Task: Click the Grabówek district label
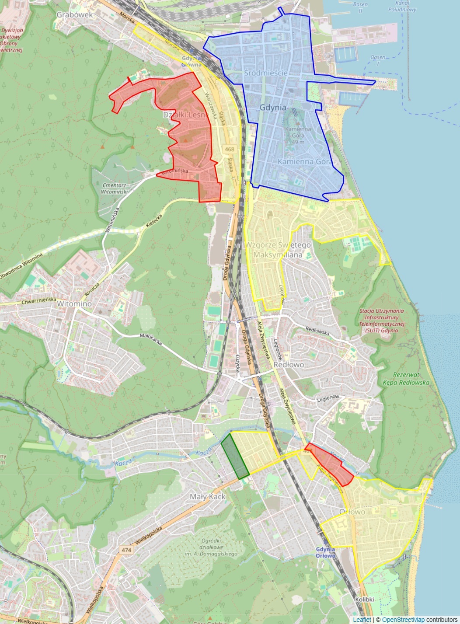pyautogui.click(x=75, y=15)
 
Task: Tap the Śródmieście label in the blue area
pyautogui.click(x=266, y=73)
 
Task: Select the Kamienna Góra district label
pyautogui.click(x=305, y=161)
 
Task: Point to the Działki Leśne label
pyautogui.click(x=184, y=115)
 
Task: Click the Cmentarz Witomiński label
pyautogui.click(x=114, y=188)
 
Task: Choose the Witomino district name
pyautogui.click(x=74, y=303)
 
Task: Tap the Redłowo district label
pyautogui.click(x=289, y=365)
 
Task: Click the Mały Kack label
pyautogui.click(x=208, y=496)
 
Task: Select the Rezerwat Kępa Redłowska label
pyautogui.click(x=406, y=379)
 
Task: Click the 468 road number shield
pyautogui.click(x=230, y=149)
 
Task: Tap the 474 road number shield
pyautogui.click(x=126, y=550)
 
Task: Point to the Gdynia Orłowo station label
pyautogui.click(x=325, y=552)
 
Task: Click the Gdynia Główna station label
pyautogui.click(x=192, y=61)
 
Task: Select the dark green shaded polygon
pyautogui.click(x=235, y=456)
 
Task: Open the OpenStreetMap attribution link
pyautogui.click(x=403, y=620)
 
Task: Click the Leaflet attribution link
pyautogui.click(x=362, y=620)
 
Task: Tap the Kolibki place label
pyautogui.click(x=365, y=600)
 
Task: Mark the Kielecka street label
pyautogui.click(x=154, y=221)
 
